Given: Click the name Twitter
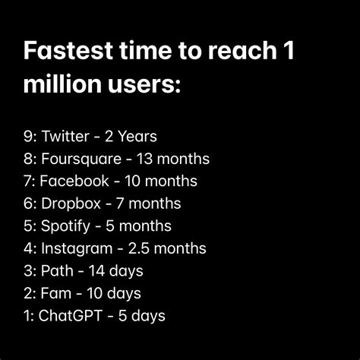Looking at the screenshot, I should (65, 137).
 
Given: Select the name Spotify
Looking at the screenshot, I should (66, 226).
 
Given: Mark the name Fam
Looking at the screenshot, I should (55, 292).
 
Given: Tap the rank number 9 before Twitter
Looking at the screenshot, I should (28, 137).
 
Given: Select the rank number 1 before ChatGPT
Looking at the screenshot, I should (27, 314).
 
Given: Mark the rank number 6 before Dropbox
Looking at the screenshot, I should (28, 204).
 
